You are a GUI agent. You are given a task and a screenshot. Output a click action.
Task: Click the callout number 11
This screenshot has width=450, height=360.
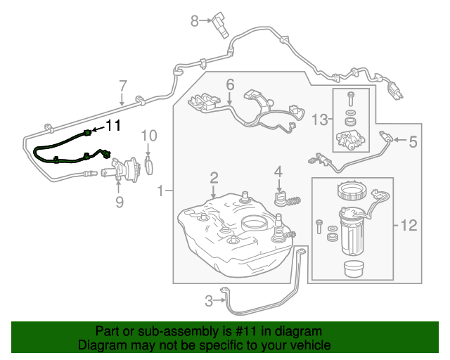pyautogui.click(x=114, y=125)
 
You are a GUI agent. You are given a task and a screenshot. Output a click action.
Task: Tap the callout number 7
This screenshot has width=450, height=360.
pyautogui.click(x=122, y=86)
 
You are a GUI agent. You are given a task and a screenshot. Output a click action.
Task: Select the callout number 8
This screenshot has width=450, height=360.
pyautogui.click(x=195, y=21)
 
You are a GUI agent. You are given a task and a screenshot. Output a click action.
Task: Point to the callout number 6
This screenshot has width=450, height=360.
pyautogui.click(x=230, y=86)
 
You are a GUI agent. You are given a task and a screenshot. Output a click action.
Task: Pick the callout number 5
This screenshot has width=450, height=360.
pyautogui.click(x=413, y=142)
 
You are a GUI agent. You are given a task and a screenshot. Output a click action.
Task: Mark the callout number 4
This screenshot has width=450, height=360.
pyautogui.click(x=278, y=171)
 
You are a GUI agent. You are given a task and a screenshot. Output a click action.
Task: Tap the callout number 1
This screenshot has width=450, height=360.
pyautogui.click(x=162, y=191)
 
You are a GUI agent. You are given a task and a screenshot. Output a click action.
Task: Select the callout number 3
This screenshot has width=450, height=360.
pyautogui.click(x=209, y=301)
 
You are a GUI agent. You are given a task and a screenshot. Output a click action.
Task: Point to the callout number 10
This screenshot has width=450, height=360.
pyautogui.click(x=148, y=136)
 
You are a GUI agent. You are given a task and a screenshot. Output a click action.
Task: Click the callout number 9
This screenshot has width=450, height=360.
pyautogui.click(x=119, y=202)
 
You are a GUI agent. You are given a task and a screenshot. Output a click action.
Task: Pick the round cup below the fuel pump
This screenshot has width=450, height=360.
pyautogui.click(x=352, y=269)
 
